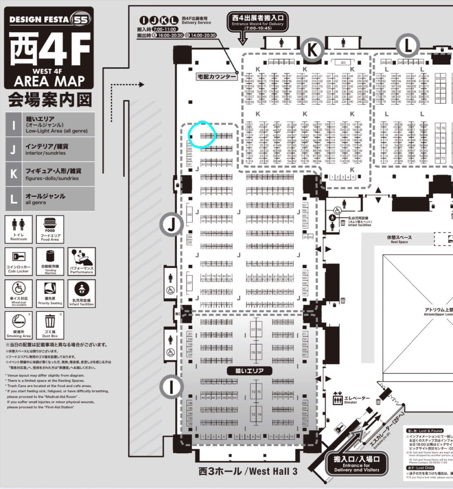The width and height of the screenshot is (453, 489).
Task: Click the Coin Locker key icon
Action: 18,257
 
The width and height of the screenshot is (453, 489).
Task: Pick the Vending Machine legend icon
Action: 50,257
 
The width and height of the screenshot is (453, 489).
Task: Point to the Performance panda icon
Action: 82,258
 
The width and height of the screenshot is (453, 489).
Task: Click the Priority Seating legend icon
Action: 50,290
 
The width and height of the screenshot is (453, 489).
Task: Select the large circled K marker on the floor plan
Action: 312,50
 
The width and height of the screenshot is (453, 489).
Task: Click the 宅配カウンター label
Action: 217,77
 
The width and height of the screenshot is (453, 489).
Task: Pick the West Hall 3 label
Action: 248,471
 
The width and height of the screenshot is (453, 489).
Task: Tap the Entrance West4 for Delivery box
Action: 258,22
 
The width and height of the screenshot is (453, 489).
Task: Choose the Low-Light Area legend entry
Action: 51,124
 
